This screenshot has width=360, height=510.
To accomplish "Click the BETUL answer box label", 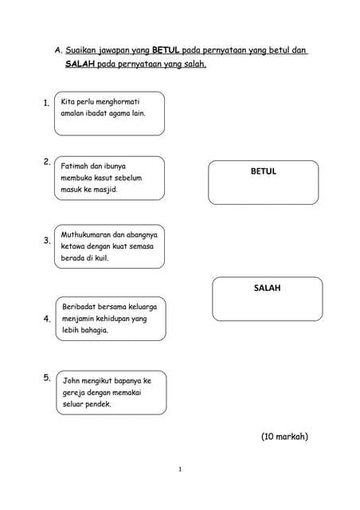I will pos(263,171).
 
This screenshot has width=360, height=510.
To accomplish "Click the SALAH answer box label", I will pos(267,288).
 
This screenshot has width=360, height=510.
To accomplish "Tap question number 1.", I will pos(47,103).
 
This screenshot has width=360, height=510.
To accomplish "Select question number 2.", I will pos(47,162).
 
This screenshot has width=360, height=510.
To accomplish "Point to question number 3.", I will pos(47,240).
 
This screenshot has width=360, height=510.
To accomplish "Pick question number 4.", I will pos(47,319).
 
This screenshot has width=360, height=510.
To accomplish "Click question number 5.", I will pos(47,378).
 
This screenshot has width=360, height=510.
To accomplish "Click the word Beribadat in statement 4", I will pos(79,306).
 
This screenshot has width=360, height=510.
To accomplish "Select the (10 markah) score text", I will pos(284,437).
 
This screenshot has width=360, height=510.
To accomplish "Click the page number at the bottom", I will pos(180,469).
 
